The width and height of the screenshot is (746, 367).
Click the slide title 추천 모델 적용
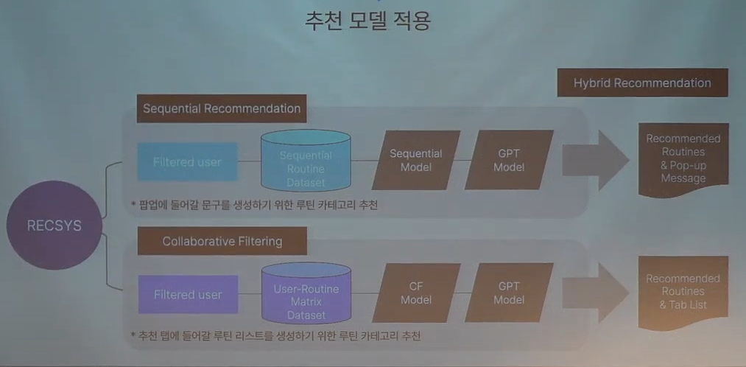tap(368, 20)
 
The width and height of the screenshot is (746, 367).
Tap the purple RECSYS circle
tap(54, 226)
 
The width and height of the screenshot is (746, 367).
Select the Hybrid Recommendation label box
tap(642, 83)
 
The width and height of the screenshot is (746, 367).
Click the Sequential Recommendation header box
tap(222, 109)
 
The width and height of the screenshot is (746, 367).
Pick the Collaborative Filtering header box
tap(222, 241)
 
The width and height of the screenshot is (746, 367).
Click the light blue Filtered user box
tap(187, 162)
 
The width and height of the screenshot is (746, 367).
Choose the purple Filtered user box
tap(187, 295)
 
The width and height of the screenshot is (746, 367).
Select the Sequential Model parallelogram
tap(416, 161)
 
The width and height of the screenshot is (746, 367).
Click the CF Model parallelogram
tap(416, 294)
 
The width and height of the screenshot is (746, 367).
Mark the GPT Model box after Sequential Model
tap(509, 161)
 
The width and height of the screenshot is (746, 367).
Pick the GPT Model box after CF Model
tap(509, 294)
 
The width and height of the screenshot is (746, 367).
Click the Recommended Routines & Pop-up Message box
tap(683, 159)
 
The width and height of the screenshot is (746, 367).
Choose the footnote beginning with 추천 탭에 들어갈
tap(275, 337)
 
